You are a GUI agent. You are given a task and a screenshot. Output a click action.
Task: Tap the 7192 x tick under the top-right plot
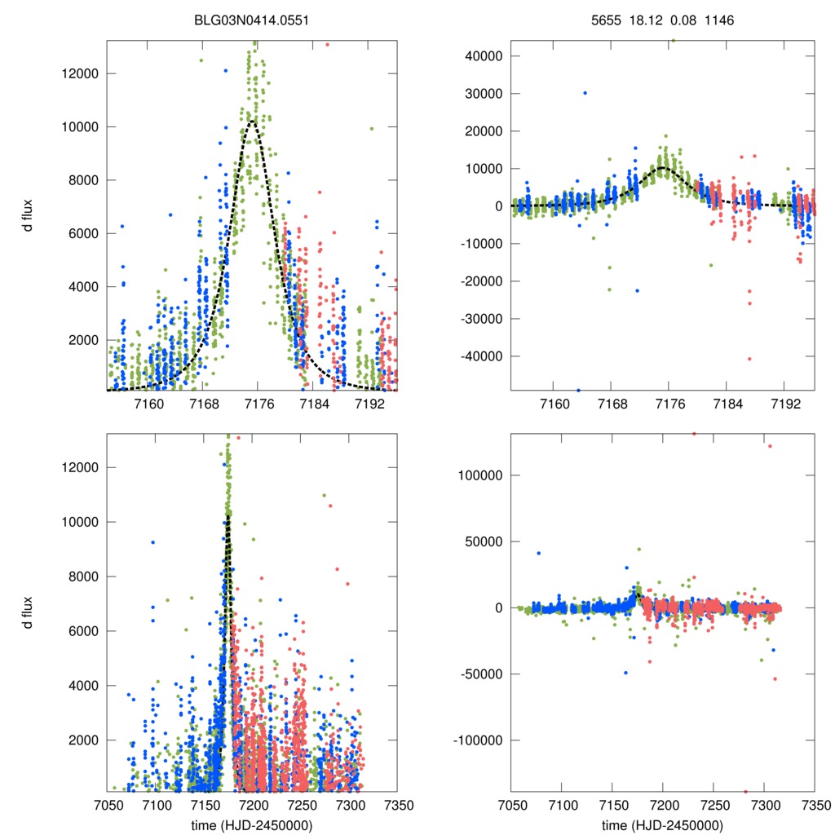click(784, 405)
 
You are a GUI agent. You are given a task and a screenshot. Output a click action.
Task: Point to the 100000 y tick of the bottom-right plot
click(481, 475)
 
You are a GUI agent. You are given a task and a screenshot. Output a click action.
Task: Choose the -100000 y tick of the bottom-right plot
click(479, 740)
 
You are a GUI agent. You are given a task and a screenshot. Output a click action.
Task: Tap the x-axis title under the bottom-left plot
click(252, 824)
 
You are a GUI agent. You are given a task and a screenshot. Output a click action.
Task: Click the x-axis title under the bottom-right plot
click(662, 824)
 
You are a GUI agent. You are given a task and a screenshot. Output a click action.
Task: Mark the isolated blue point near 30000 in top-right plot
click(585, 93)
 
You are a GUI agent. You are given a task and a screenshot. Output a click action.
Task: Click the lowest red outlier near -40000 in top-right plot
click(749, 359)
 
